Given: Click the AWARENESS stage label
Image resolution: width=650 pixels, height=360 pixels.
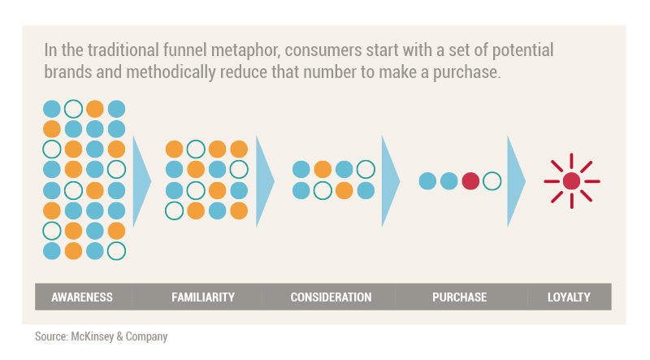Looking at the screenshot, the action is (82, 297).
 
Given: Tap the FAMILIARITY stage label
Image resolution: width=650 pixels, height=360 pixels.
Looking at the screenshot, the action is (203, 297).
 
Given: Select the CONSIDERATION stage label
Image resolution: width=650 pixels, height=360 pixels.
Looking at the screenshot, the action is (331, 297).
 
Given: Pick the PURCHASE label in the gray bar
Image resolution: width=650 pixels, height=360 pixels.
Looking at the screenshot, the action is (459, 297).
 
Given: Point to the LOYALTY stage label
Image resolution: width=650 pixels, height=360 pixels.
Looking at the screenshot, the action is (569, 297).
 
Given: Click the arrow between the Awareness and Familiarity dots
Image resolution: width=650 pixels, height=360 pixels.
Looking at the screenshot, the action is (140, 181).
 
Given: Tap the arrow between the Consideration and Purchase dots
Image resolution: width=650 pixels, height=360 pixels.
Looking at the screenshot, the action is (389, 181).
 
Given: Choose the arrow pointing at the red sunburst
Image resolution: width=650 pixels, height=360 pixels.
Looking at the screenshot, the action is (515, 181).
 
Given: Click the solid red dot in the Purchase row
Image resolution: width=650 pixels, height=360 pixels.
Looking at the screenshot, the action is (470, 181).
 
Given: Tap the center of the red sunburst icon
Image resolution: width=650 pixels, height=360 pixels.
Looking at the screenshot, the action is (572, 181).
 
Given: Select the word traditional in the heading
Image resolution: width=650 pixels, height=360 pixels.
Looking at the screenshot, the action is (123, 50).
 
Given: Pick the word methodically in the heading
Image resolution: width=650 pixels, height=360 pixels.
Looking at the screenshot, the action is (171, 72).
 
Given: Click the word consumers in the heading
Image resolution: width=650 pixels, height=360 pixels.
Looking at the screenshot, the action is (323, 50).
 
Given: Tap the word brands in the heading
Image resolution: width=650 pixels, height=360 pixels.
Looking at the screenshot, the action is (68, 72).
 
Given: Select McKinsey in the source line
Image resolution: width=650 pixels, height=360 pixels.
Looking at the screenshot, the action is (93, 336).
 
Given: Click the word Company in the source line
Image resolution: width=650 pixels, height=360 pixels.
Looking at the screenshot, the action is (147, 336).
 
